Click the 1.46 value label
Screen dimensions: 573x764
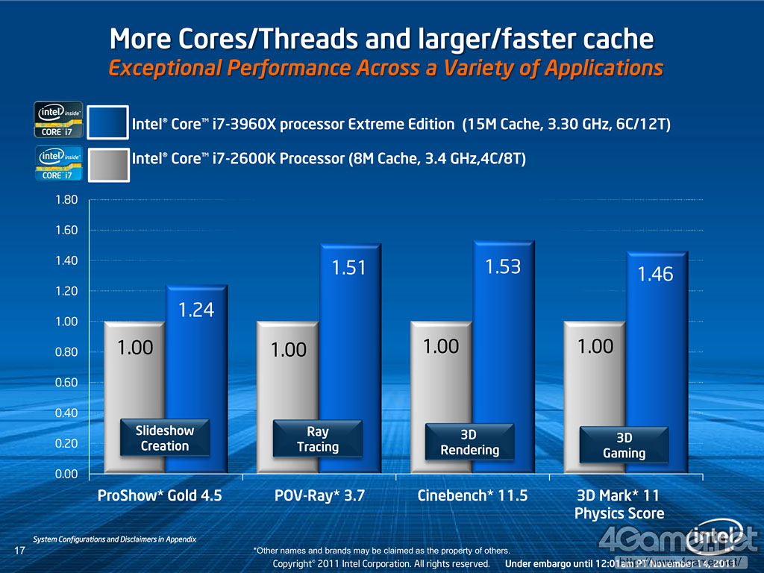pos(655,275)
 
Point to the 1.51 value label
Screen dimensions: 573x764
pos(348,267)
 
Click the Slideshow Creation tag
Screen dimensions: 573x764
pos(165,438)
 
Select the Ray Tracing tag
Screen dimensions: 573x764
pos(318,439)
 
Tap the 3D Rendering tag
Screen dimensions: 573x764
pos(469,442)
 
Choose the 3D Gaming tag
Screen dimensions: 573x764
pos(624,445)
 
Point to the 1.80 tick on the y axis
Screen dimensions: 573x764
pos(66,200)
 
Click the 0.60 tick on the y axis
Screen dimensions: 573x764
pos(66,382)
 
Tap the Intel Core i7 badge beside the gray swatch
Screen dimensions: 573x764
pos(57,164)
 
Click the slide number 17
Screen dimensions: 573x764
pos(20,551)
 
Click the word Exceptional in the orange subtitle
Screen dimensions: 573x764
pos(166,68)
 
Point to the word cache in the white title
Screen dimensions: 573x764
pos(616,38)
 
